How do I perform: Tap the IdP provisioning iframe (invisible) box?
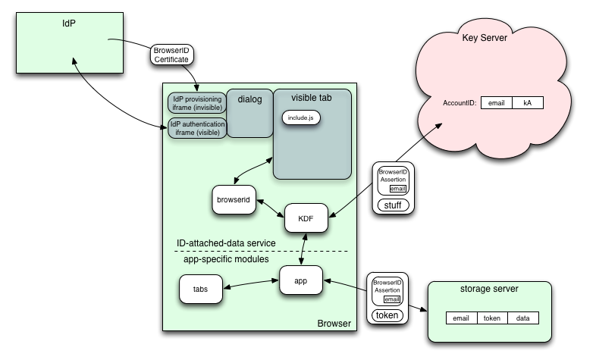coord(196,103)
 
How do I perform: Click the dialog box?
coord(249,99)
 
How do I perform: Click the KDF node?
coord(306,218)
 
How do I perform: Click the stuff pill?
coord(393,205)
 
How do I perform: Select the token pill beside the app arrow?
coord(387,315)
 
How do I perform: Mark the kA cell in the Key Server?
coord(527,102)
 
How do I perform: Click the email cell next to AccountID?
coord(497,102)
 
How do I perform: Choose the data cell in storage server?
coord(522,318)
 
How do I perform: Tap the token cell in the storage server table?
coord(491,318)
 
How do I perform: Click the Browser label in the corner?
coord(334,324)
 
